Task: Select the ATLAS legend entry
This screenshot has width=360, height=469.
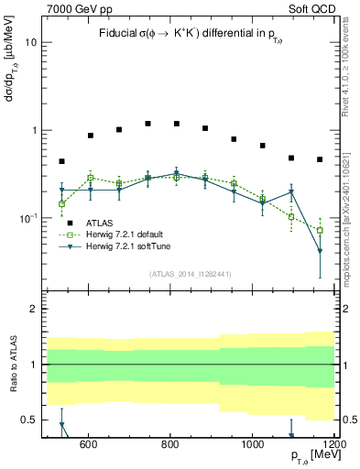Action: tap(100, 224)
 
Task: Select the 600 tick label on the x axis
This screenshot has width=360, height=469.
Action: tap(89, 443)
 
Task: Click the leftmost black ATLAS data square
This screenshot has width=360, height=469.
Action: tap(61, 161)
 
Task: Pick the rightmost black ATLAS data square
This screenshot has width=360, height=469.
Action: tap(320, 159)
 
